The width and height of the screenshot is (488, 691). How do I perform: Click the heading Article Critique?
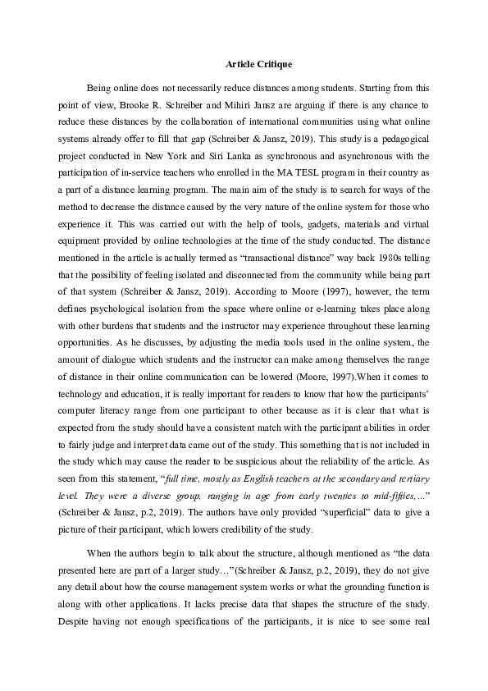tap(244, 63)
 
